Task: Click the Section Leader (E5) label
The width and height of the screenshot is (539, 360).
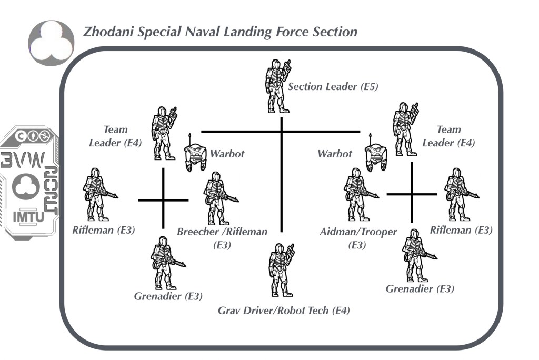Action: tap(333, 87)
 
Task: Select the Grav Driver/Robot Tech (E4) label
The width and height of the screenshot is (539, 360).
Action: tap(284, 311)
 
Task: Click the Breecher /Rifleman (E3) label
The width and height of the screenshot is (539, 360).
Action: tap(222, 237)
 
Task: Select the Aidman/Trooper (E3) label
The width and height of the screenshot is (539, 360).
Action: tap(358, 237)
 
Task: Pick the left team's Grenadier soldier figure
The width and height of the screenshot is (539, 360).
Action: tap(163, 263)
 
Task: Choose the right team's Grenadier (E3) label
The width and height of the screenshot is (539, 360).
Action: tap(420, 289)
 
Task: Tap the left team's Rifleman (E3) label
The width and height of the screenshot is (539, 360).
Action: tap(104, 229)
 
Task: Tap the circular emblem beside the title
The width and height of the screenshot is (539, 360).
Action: tap(51, 43)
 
